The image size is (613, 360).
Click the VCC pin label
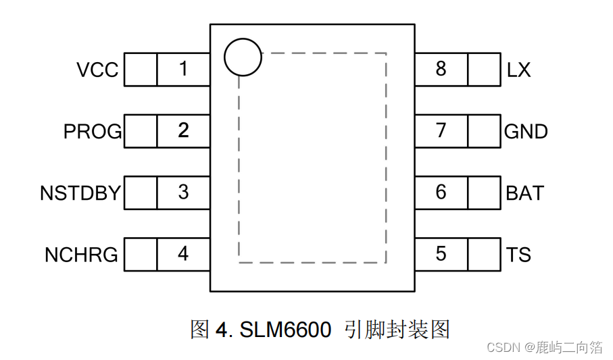click(x=97, y=70)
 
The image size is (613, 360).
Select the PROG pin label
click(x=93, y=131)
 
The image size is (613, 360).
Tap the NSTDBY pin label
click(x=80, y=193)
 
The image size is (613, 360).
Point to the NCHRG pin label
click(x=81, y=255)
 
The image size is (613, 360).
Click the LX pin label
click(x=518, y=70)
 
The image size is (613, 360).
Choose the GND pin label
click(x=526, y=131)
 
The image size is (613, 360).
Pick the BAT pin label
click(x=524, y=193)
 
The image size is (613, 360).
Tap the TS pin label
click(x=518, y=255)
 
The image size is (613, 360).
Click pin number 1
click(x=183, y=69)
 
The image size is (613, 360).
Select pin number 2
click(x=183, y=130)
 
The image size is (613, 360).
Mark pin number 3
click(x=183, y=192)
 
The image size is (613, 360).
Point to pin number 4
click(x=183, y=255)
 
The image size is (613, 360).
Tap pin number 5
click(x=441, y=255)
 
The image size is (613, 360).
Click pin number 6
click(x=441, y=192)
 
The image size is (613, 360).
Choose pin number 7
click(x=441, y=130)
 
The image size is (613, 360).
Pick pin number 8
click(x=441, y=69)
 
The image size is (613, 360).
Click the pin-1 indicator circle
click(x=242, y=57)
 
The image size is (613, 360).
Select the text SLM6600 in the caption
click(x=285, y=330)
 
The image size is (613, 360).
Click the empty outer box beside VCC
click(x=140, y=70)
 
